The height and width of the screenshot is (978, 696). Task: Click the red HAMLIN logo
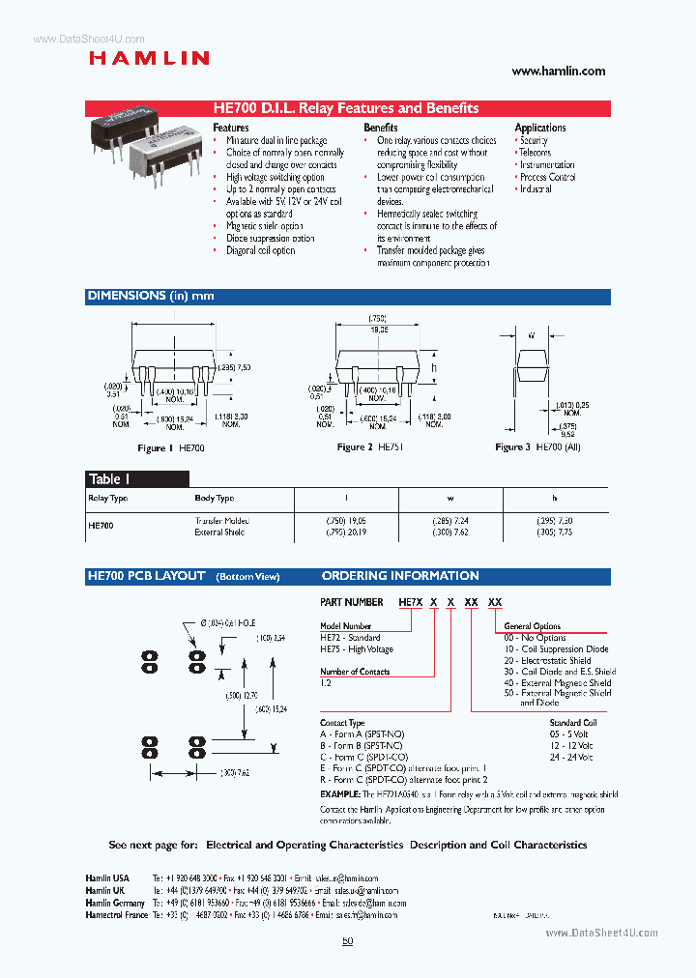[149, 58]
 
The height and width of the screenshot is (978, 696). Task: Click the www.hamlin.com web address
[558, 71]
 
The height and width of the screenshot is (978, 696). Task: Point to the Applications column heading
[540, 128]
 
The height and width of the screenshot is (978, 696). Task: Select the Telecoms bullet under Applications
[535, 153]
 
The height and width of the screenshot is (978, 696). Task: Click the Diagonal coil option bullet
[260, 251]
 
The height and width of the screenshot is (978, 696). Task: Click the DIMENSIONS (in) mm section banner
[151, 296]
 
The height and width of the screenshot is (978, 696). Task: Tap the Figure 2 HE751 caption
[367, 447]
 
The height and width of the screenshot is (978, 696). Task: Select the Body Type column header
[214, 499]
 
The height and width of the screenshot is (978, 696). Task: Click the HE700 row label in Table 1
[101, 526]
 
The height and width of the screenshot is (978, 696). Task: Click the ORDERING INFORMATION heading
[400, 576]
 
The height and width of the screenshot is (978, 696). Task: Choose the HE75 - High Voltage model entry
[356, 649]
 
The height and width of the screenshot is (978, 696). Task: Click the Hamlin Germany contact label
[115, 902]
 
